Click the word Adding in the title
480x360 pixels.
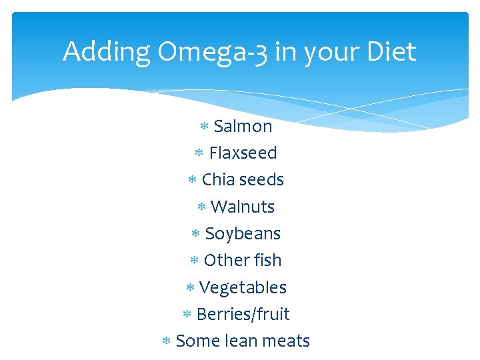click(x=107, y=52)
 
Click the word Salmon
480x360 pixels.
click(x=243, y=126)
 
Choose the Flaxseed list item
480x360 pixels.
click(x=243, y=153)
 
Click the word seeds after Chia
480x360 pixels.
click(x=261, y=180)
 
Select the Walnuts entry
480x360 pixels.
click(x=242, y=207)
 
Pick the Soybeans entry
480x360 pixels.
click(x=243, y=234)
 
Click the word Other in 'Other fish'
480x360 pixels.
click(x=224, y=261)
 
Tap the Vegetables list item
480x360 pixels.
click(x=243, y=288)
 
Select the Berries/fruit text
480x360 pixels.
click(x=243, y=315)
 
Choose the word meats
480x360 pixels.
click(x=287, y=341)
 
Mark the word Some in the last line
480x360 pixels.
click(x=197, y=341)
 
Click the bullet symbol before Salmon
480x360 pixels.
click(x=205, y=127)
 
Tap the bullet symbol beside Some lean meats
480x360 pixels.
click(x=167, y=341)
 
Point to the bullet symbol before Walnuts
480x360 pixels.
click(x=201, y=207)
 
